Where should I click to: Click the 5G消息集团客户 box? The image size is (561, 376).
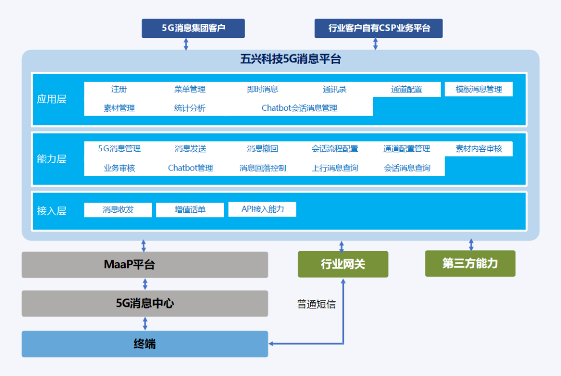point(193,28)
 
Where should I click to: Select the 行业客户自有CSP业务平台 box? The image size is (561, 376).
point(379,28)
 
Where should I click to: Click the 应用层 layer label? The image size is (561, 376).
point(52,99)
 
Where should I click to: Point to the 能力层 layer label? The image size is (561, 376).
point(52,159)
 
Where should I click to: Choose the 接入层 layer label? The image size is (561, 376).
point(52,211)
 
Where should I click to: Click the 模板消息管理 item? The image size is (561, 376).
point(478,89)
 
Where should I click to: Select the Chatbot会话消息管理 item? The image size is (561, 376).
point(299,108)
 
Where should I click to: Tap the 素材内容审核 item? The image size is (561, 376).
point(478,149)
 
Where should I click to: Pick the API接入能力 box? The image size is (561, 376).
point(262,209)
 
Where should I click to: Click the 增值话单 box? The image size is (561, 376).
point(190,210)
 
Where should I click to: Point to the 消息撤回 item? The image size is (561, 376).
point(262,149)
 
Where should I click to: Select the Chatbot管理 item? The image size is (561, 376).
point(190,168)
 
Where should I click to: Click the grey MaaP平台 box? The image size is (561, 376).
point(145,265)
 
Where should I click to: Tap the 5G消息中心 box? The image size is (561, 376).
point(145,303)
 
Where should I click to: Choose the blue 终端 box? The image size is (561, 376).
point(145,344)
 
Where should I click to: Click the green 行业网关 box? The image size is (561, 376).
point(343,264)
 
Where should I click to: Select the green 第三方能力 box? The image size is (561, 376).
point(470,263)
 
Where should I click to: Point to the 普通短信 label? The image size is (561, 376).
point(316,304)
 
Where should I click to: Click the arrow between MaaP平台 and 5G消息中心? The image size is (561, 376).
point(145,284)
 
